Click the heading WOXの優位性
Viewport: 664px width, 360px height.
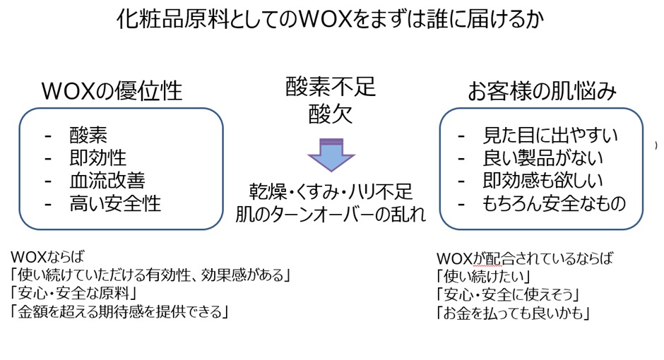(x=112, y=91)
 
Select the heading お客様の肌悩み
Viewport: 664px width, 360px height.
(x=542, y=91)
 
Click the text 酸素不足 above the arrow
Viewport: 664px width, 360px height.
(x=331, y=88)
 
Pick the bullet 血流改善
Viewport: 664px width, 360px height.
(x=107, y=181)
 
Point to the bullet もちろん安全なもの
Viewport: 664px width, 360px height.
(x=555, y=204)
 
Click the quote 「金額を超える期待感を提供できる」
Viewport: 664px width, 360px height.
(x=119, y=311)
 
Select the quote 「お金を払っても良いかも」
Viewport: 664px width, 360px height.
(x=514, y=313)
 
